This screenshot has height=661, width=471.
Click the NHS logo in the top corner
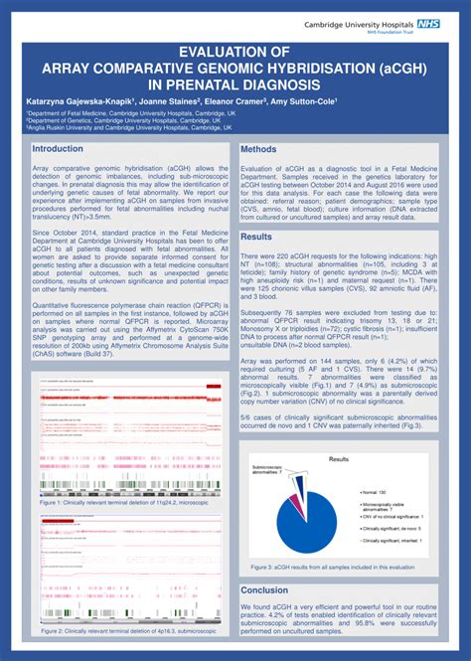tap(430, 22)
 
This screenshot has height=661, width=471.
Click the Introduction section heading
tap(59, 148)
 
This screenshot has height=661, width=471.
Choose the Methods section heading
tap(260, 149)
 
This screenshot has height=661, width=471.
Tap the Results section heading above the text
tap(256, 237)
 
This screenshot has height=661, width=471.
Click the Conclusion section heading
tap(265, 589)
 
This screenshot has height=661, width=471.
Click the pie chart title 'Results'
tap(339, 459)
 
